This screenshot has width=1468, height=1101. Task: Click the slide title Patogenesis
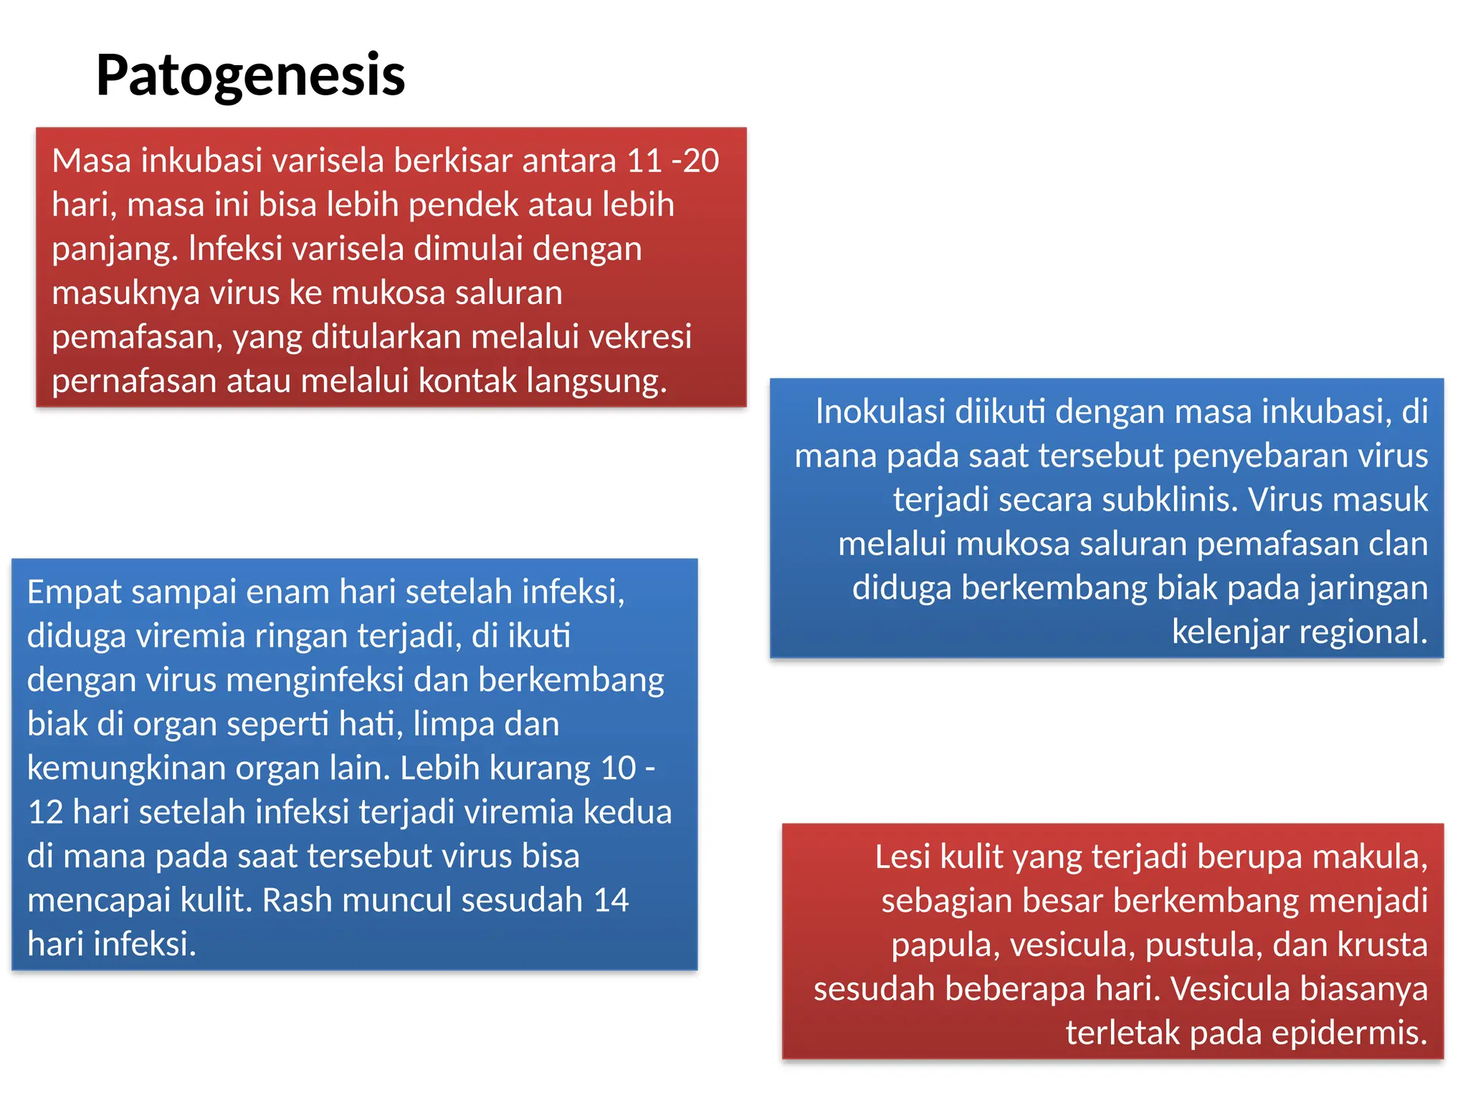click(x=250, y=75)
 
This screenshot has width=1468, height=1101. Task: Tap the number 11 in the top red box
click(x=644, y=161)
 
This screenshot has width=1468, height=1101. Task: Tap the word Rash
click(x=297, y=900)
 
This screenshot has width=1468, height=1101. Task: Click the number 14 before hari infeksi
click(x=611, y=900)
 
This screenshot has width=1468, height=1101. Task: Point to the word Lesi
click(x=902, y=857)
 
